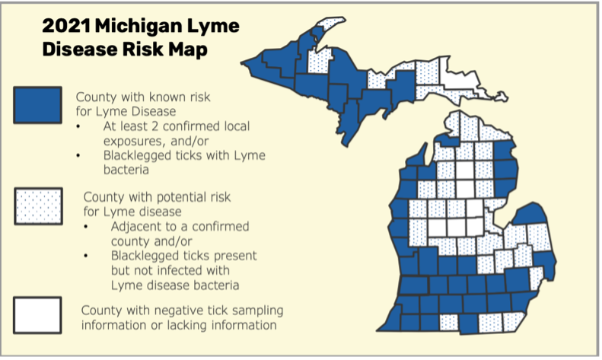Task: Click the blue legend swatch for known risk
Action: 37,105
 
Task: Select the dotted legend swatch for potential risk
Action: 37,205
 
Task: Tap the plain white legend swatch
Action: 37,314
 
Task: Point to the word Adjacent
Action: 138,227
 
